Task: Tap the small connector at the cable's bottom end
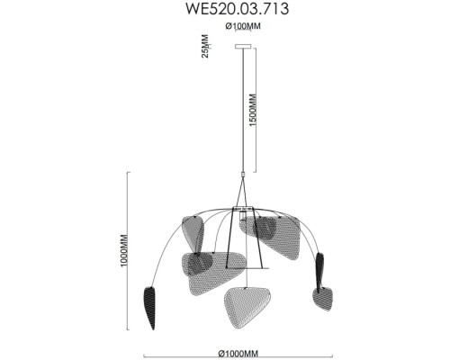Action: point(241,174)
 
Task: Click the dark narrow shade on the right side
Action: point(319,268)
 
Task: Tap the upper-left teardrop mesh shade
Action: point(191,232)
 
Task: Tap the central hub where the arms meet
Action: point(241,209)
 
